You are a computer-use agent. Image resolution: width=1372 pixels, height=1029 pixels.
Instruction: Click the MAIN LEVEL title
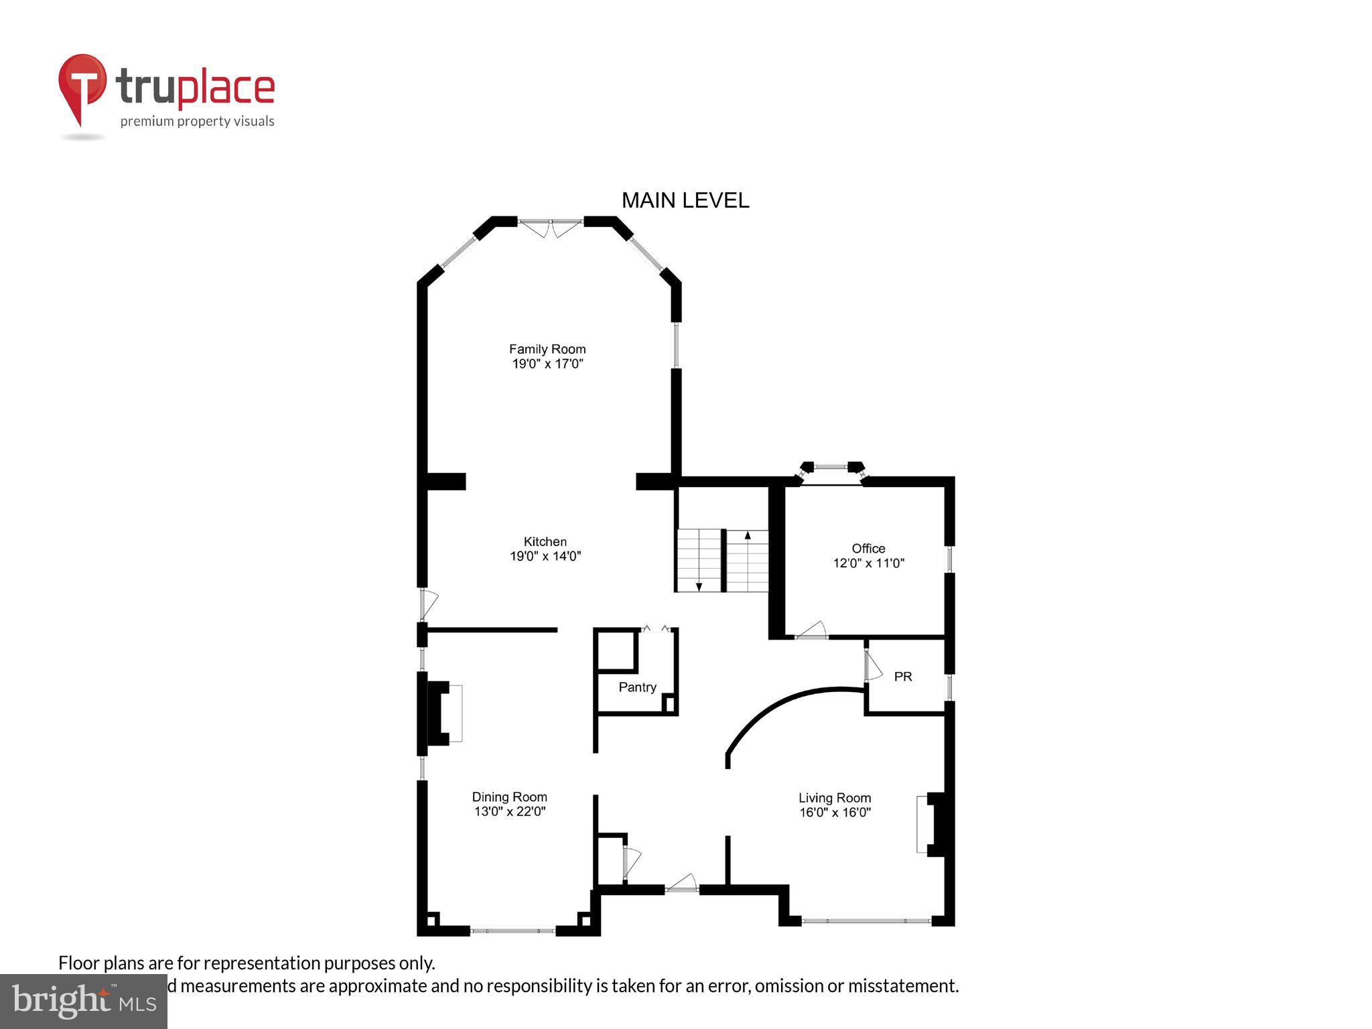click(x=685, y=200)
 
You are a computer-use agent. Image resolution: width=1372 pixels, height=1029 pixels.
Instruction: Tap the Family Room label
click(x=547, y=349)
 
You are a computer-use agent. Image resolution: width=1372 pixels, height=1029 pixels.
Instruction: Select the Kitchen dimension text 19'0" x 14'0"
click(x=545, y=556)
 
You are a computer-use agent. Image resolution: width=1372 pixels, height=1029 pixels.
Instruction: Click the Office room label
click(x=868, y=549)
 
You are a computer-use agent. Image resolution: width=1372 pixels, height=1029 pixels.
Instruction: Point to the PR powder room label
click(x=902, y=677)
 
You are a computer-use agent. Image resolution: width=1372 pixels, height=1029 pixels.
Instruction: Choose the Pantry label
click(x=636, y=687)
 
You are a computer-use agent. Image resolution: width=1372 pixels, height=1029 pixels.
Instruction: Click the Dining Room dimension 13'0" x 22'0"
click(x=509, y=812)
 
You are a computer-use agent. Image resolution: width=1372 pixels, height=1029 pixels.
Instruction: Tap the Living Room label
click(x=834, y=798)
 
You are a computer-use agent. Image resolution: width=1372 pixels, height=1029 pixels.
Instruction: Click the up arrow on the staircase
click(x=748, y=535)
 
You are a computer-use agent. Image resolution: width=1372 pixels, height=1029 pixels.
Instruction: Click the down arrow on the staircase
click(x=699, y=586)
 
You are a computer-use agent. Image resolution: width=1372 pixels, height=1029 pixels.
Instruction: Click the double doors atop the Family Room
click(x=551, y=227)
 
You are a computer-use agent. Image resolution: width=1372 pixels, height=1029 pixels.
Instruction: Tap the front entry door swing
click(x=683, y=883)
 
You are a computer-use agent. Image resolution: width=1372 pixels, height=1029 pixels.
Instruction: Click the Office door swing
click(x=812, y=630)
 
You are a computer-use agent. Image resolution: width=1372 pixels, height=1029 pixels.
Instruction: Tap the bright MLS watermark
click(x=83, y=1001)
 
